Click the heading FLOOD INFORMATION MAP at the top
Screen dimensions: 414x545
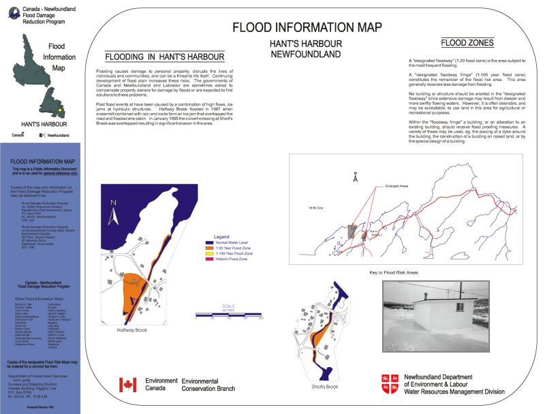pyautogui.click(x=307, y=28)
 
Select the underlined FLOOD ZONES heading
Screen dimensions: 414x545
pyautogui.click(x=467, y=43)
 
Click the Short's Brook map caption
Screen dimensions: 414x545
pyautogui.click(x=325, y=387)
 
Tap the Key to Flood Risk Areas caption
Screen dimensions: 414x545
pyautogui.click(x=394, y=272)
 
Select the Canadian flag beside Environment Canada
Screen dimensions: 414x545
pyautogui.click(x=128, y=385)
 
